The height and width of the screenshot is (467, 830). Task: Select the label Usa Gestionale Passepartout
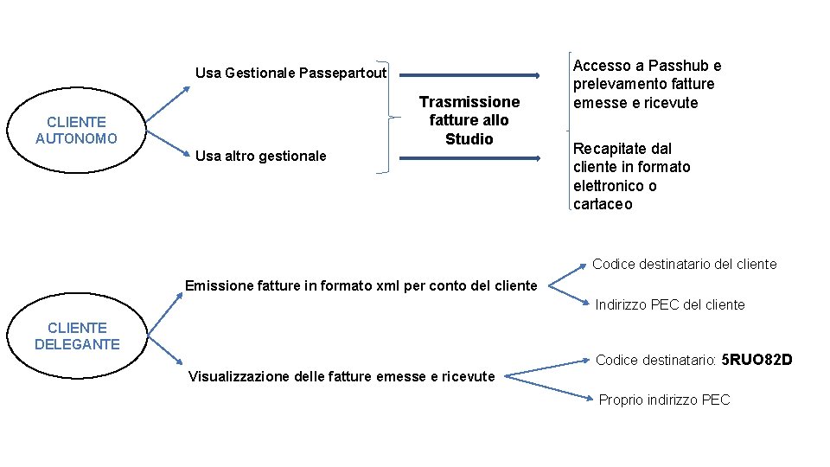pos(290,73)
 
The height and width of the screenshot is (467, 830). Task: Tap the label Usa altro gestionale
pos(261,156)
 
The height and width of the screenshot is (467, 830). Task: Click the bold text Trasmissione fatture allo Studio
pos(469,120)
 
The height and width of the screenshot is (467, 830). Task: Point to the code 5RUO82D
pos(757,359)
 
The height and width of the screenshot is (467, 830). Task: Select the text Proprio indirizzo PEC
pos(664,400)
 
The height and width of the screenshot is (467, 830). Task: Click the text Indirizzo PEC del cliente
pos(670,304)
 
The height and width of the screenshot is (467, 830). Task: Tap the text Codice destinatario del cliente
pos(685,264)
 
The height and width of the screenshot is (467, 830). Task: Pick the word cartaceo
pos(603,204)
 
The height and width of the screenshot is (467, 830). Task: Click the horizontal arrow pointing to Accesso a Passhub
pos(467,75)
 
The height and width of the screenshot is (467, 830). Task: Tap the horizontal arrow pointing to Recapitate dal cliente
pos(467,158)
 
